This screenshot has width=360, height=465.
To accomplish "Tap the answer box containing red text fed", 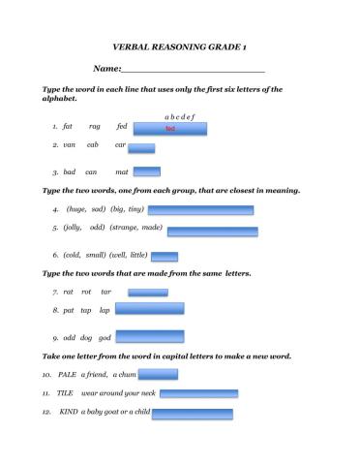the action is [x=169, y=128].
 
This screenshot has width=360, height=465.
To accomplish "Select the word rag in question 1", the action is [x=95, y=126].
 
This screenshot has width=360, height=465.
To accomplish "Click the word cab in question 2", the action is [x=93, y=144].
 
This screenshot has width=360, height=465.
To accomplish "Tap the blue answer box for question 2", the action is [x=141, y=148].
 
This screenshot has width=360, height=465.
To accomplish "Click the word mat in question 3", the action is [x=121, y=171].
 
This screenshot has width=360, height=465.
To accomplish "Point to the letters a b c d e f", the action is [x=180, y=116].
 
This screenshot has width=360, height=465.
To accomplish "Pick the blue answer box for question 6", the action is [x=165, y=257].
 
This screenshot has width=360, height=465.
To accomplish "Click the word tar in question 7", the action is [x=105, y=291].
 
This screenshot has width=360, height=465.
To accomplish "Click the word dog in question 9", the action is [x=85, y=338].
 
